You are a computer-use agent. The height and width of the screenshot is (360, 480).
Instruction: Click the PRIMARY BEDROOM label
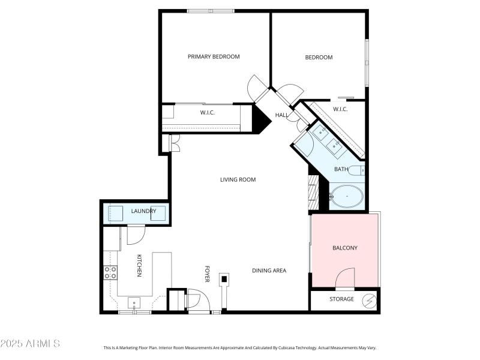pos(214,57)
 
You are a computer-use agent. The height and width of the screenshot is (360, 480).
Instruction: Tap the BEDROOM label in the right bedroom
pos(319,58)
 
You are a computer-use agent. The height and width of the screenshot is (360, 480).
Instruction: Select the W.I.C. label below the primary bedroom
pos(208,113)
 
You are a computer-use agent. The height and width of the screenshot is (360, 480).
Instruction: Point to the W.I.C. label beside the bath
pos(340,109)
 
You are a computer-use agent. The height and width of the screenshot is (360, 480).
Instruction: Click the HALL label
pos(281,115)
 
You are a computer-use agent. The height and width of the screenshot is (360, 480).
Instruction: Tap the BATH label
pos(341,169)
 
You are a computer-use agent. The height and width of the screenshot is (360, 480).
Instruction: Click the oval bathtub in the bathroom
pos(347,196)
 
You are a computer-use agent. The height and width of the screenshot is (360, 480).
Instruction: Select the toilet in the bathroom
pos(357,170)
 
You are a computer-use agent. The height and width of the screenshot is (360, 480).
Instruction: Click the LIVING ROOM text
pos(238,179)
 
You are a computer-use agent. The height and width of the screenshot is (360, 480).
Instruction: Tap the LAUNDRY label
pos(143,211)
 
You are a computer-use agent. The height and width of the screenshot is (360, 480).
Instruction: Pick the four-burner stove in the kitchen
pos(111,273)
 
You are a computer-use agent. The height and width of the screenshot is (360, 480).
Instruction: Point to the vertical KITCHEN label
pos(139,265)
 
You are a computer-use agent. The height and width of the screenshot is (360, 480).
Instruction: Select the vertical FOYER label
pos(208,274)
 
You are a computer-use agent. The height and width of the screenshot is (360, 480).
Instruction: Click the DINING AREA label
pos(268,271)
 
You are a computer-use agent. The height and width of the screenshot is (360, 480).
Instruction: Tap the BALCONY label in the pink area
pos(345,248)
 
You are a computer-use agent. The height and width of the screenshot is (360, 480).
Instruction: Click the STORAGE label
pos(341,299)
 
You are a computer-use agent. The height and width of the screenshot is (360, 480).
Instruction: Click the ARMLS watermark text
pos(30,344)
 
